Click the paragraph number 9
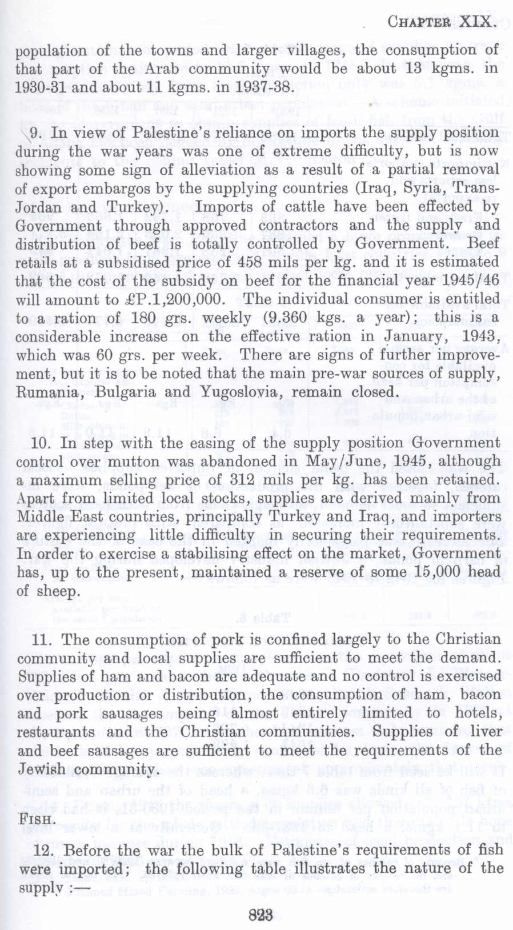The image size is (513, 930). pyautogui.click(x=34, y=133)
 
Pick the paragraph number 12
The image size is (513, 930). pyautogui.click(x=43, y=849)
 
